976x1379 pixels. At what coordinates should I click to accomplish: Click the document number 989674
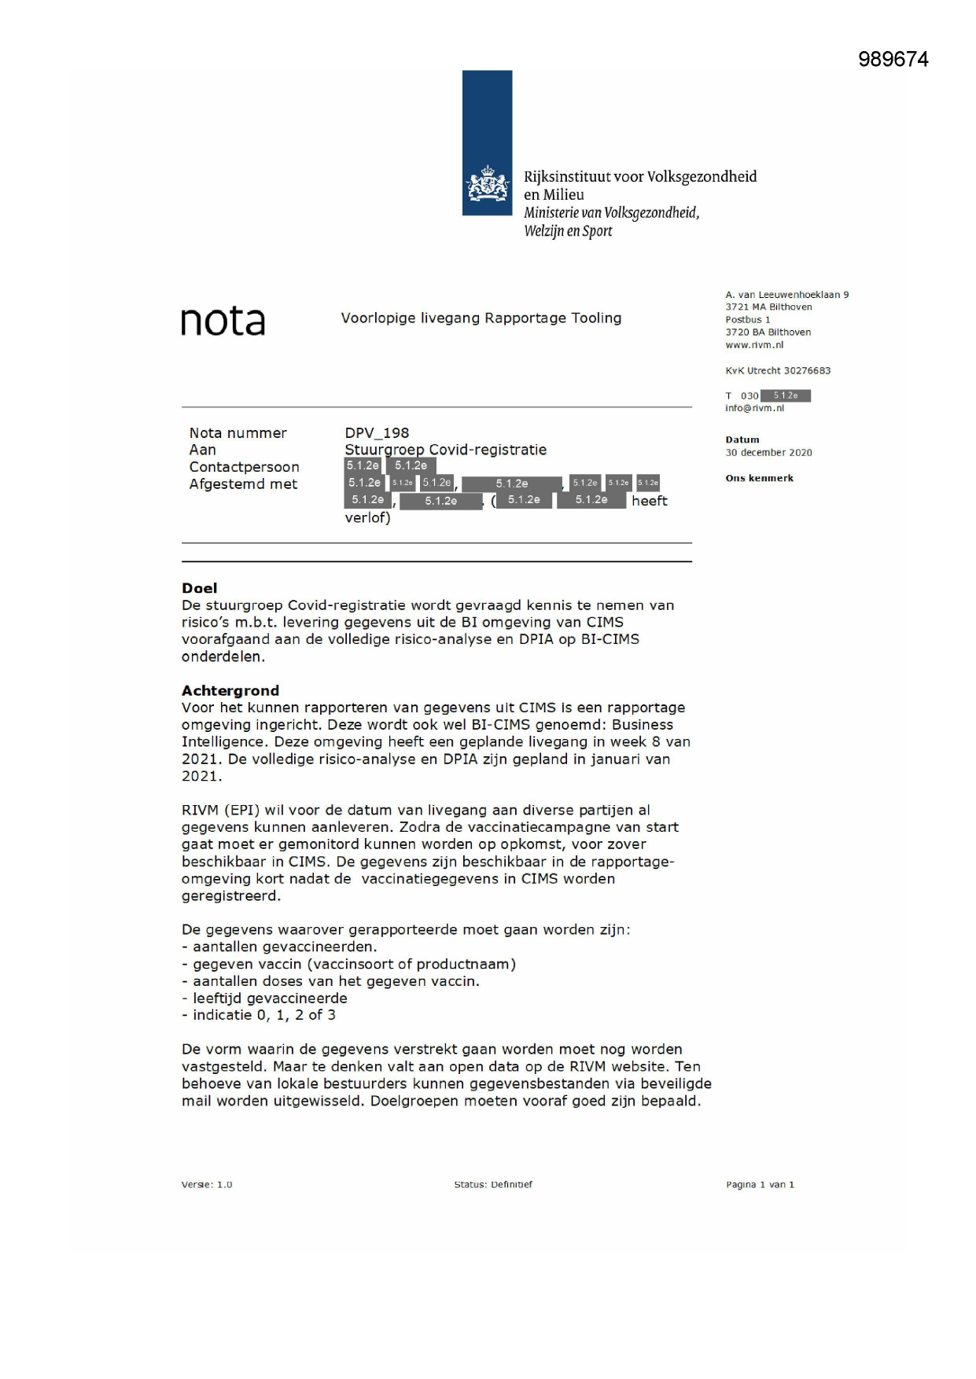(893, 60)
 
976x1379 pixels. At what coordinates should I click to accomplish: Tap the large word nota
(223, 322)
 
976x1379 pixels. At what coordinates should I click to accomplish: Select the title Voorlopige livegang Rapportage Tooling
(481, 318)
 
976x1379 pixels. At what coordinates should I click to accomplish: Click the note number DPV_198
(377, 433)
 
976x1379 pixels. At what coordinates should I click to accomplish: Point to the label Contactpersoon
(244, 467)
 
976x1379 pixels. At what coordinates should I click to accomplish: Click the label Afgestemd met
(243, 484)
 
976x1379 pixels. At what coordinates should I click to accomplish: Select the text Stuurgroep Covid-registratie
(445, 450)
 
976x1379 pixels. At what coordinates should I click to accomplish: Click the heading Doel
(199, 588)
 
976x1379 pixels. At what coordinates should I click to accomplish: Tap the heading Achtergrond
(230, 690)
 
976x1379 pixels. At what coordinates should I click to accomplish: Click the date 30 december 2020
(768, 453)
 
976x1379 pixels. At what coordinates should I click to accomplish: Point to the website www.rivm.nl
(754, 345)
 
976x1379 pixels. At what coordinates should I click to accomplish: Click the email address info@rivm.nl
(754, 408)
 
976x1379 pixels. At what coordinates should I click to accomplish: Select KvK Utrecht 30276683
(778, 371)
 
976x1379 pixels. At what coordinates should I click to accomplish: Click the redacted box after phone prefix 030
(786, 395)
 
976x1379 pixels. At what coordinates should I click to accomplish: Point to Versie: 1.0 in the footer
(207, 1185)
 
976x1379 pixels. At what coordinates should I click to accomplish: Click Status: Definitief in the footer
(492, 1185)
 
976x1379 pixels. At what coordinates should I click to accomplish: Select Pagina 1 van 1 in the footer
(760, 1185)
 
